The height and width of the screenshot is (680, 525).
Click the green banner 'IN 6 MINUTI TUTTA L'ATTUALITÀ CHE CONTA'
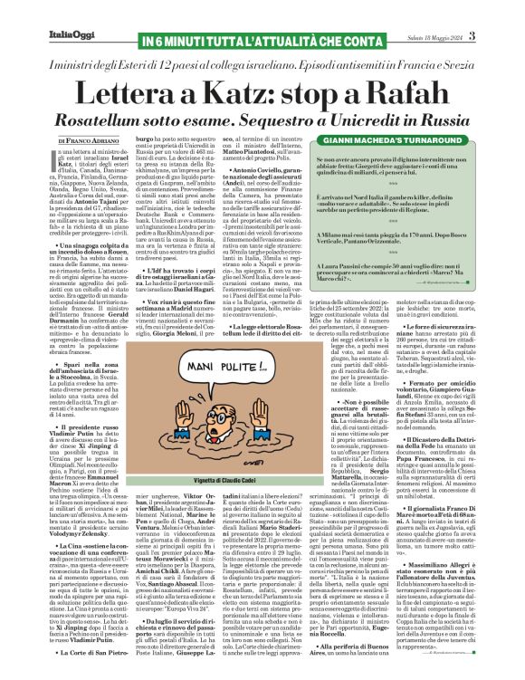pos(262,13)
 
